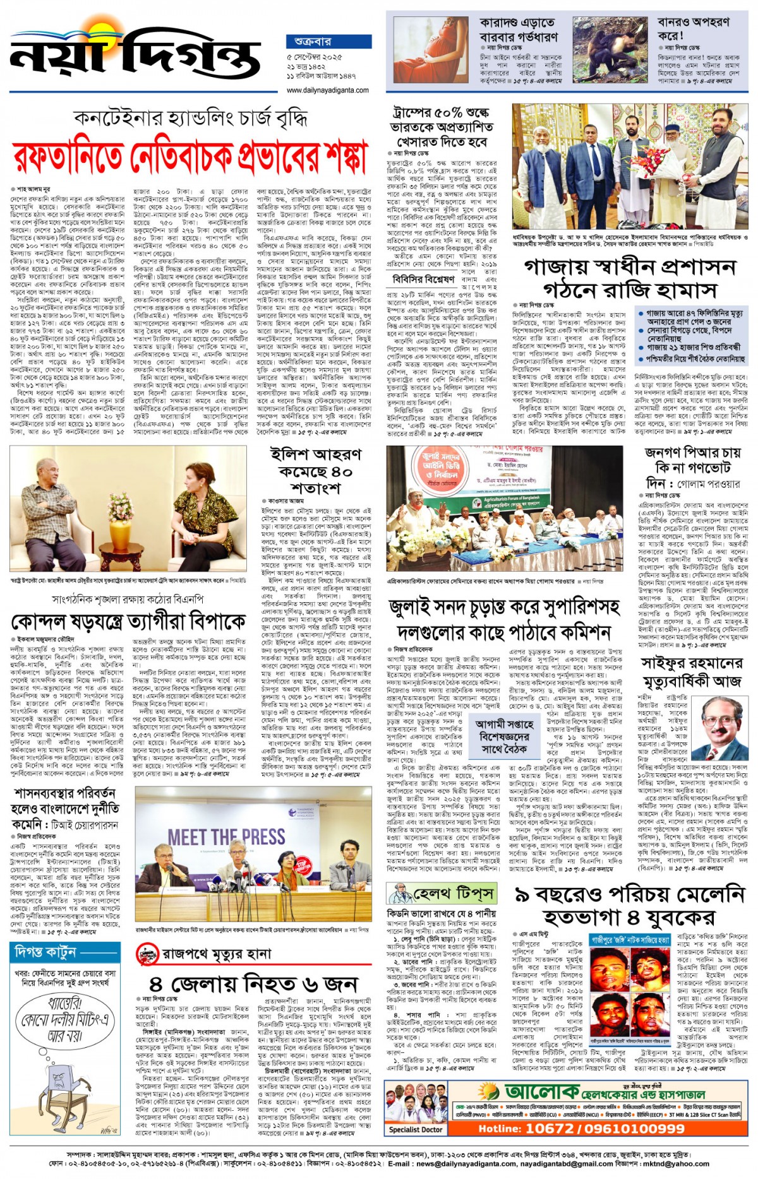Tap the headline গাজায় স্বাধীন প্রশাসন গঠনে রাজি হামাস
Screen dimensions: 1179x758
pos(629,278)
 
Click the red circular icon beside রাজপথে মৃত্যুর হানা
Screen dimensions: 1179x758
pos(147,954)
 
